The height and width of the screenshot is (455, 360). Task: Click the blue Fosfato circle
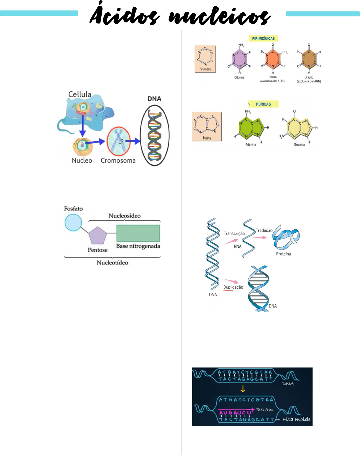click(73, 223)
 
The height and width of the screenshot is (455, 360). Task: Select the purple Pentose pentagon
click(98, 236)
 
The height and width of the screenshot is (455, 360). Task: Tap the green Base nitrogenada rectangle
click(138, 233)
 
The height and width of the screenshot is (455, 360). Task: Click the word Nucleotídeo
click(112, 263)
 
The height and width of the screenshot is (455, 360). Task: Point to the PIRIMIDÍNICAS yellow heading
click(263, 39)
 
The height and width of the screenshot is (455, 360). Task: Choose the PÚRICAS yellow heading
click(263, 104)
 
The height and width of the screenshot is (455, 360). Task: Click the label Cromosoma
click(118, 161)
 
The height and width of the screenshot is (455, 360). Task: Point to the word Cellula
click(80, 94)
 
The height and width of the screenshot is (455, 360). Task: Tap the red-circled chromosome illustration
click(119, 141)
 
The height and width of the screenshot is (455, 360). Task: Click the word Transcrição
click(234, 234)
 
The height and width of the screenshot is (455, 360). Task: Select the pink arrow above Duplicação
click(232, 281)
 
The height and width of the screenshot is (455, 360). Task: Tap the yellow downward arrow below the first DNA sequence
click(243, 389)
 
